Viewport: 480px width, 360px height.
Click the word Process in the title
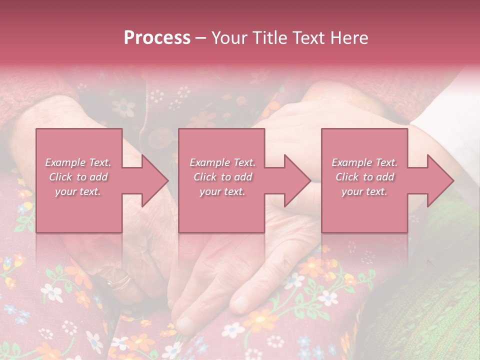(157, 38)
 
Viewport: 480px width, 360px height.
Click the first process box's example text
(78, 177)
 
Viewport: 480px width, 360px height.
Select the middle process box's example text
(222, 177)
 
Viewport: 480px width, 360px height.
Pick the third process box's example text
(364, 177)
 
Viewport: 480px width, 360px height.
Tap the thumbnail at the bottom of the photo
(184, 323)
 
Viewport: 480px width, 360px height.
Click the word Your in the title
(228, 38)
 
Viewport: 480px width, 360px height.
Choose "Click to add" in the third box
(364, 177)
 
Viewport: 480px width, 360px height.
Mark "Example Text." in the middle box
(222, 162)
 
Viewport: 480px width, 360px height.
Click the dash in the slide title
(201, 38)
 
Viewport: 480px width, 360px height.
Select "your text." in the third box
(364, 191)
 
